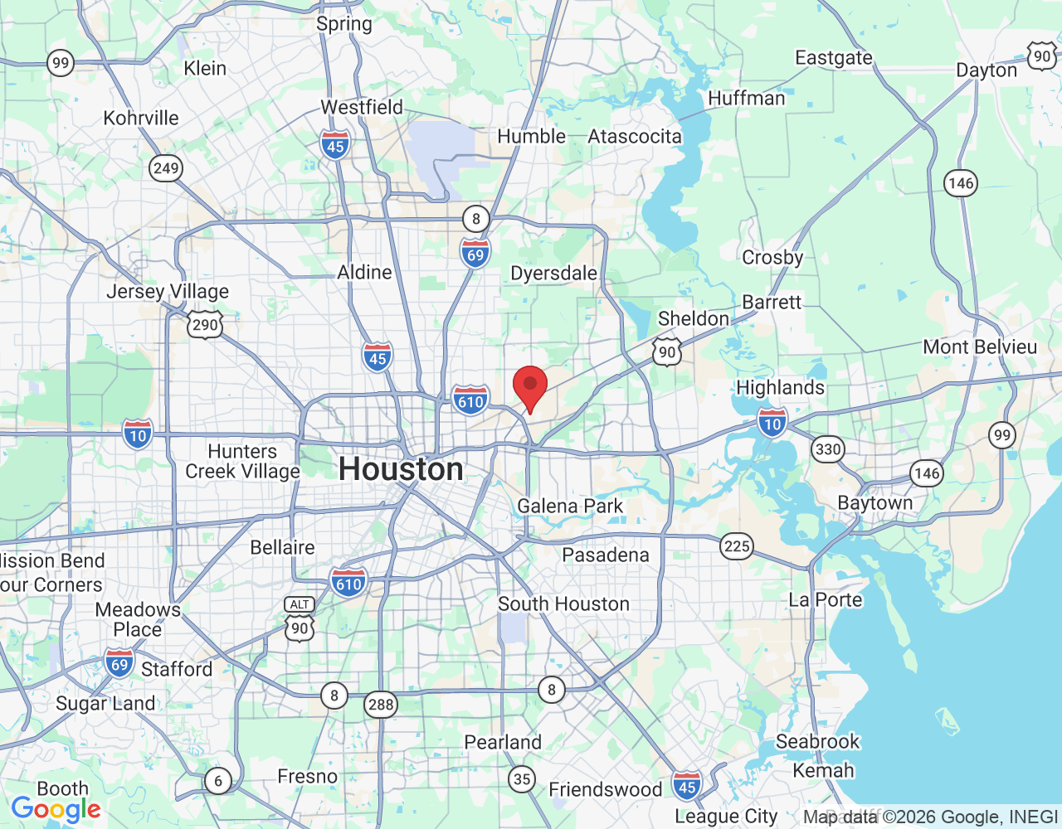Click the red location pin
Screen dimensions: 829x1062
(x=530, y=386)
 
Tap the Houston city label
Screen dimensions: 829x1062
(x=401, y=469)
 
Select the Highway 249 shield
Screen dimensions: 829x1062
(x=166, y=168)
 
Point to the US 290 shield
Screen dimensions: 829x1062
(x=205, y=324)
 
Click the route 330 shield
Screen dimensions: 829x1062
(x=827, y=450)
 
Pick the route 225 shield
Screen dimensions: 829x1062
(x=737, y=546)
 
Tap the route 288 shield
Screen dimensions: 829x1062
(x=381, y=705)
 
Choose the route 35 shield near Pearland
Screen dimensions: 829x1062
(x=522, y=778)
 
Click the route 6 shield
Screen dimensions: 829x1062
(x=218, y=780)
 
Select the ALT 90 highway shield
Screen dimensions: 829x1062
(x=300, y=621)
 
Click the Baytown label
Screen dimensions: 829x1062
(x=874, y=503)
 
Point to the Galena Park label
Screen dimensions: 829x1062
(x=570, y=506)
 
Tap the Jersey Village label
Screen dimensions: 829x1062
(x=168, y=292)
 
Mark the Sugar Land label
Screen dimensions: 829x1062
(x=105, y=704)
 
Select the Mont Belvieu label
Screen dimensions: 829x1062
(x=980, y=347)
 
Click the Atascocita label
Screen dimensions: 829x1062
(x=635, y=137)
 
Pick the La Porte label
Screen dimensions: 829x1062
(x=826, y=599)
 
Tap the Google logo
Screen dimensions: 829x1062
(x=56, y=809)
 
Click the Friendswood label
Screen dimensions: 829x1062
(x=606, y=789)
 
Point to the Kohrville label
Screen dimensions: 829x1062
(x=141, y=118)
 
